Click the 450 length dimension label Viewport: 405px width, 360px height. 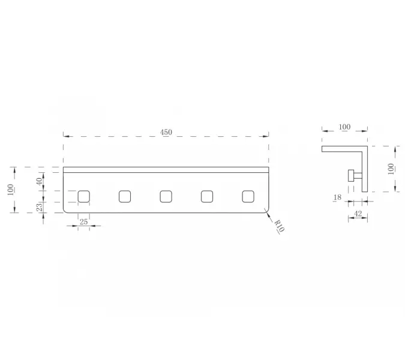tap(166, 132)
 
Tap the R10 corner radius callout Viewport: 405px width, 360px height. tap(279, 226)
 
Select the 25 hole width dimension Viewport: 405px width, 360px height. tap(83, 222)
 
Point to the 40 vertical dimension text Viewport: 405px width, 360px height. tap(39, 181)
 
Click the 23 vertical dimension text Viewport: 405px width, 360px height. tap(39, 207)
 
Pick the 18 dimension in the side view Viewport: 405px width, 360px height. tap(337, 197)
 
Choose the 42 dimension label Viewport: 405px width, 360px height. tap(358, 214)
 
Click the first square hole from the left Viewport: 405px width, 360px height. tap(83, 197)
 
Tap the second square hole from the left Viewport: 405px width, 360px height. tap(125, 197)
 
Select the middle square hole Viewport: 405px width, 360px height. tap(166, 197)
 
